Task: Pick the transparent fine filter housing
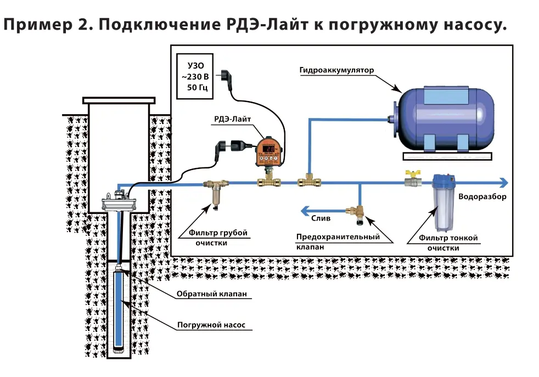point(441,203)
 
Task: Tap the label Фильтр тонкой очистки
point(448,243)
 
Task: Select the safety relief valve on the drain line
point(359,213)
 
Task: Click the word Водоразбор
point(482,196)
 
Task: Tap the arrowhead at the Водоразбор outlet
point(503,183)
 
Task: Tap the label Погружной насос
point(207,325)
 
